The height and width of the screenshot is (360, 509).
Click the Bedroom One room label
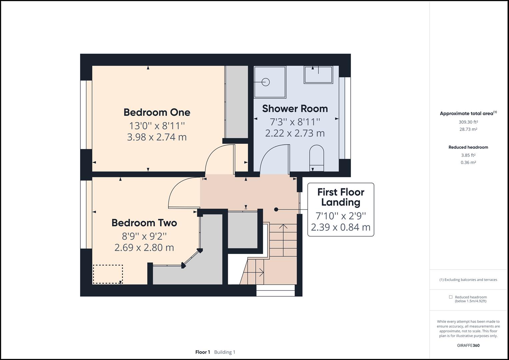click(157, 112)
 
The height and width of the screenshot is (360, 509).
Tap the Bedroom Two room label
click(144, 223)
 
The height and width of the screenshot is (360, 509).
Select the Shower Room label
click(295, 109)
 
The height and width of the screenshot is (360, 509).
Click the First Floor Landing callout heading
click(340, 197)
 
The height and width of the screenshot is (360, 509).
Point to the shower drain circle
click(265, 82)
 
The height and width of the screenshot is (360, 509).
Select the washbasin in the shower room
click(318, 75)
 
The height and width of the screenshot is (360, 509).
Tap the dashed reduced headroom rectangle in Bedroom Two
click(108, 274)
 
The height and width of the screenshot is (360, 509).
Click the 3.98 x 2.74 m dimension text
click(157, 137)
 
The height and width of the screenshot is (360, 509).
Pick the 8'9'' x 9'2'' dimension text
click(144, 236)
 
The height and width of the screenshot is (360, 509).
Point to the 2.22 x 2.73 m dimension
click(295, 133)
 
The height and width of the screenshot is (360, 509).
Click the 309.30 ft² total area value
click(468, 122)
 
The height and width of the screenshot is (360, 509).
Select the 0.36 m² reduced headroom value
click(468, 163)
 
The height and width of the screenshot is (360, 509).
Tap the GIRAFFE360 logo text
click(468, 345)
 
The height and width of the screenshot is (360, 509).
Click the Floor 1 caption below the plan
click(202, 352)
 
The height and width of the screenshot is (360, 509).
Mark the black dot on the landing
click(276, 209)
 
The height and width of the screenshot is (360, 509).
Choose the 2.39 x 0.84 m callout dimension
click(340, 227)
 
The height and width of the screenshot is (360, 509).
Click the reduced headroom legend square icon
click(450, 297)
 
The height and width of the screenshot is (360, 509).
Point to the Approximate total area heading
click(466, 113)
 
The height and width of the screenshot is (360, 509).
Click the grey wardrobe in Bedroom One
click(236, 102)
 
